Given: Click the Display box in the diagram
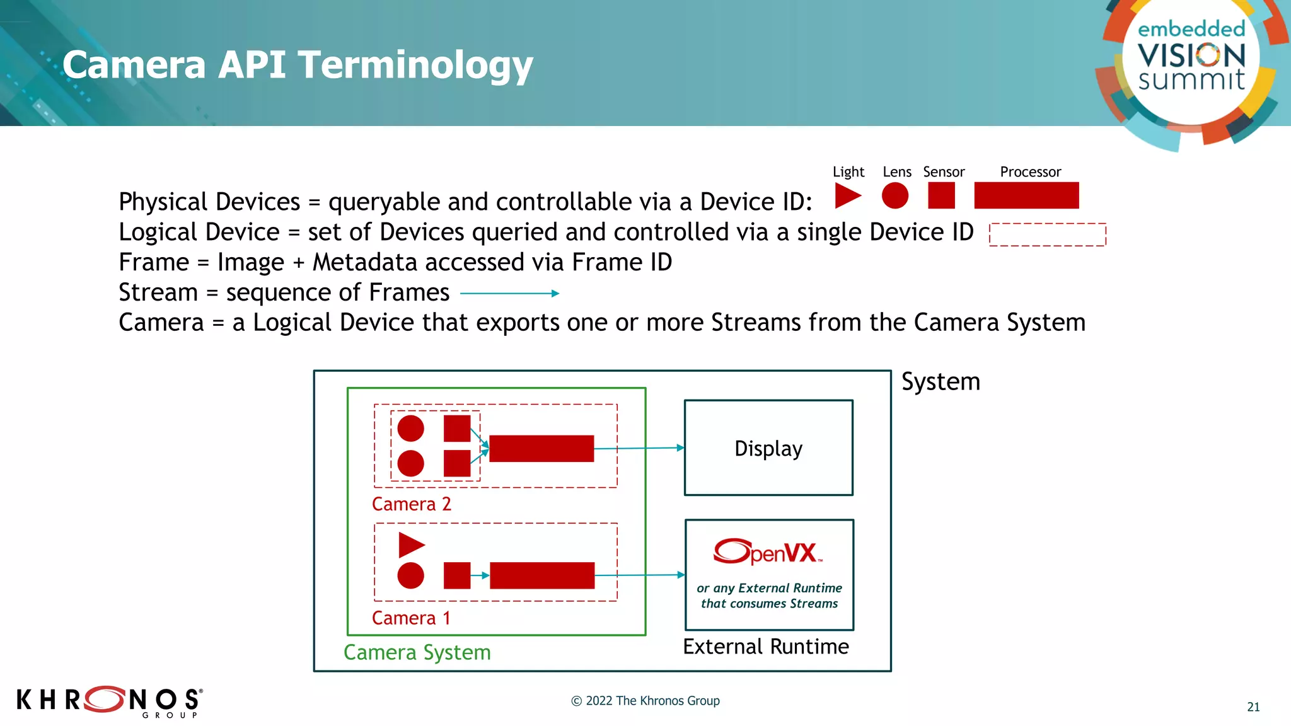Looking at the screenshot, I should pos(768,447).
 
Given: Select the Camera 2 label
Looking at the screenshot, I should pos(411,504).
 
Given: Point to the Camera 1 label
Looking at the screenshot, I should pos(411,618).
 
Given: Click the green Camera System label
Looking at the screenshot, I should pos(417,652).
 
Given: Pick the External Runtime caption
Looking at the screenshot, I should pos(766,647).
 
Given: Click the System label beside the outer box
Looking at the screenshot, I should pos(941,382).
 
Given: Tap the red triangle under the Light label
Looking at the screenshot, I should pos(847,195).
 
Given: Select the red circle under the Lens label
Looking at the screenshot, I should pos(894,195).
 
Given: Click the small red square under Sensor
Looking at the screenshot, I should pos(941,195).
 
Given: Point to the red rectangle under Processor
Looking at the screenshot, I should pos(1026,195).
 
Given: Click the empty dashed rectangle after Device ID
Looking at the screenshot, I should pos(1047,234).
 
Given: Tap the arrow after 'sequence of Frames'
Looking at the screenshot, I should pos(509,293).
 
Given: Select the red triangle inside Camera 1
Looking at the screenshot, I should pos(410,545).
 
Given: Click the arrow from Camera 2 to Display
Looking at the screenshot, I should pos(638,448).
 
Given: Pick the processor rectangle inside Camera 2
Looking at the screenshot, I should pos(541,449).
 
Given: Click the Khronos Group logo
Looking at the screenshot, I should pos(109,701).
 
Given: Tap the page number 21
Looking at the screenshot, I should pos(1253,707).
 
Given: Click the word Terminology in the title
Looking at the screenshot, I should pos(415,65).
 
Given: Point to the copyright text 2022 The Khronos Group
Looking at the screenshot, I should pos(645,701).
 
